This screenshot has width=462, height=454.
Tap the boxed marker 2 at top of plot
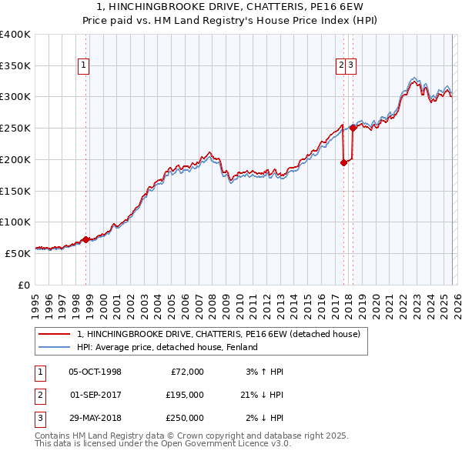[x=340, y=66]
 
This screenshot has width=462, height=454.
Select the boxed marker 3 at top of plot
[x=350, y=66]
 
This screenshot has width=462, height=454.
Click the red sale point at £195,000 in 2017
[x=343, y=162]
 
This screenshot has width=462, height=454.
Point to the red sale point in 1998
[x=85, y=239]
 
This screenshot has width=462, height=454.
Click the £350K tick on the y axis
[x=15, y=66]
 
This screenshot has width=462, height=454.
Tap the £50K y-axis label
[x=17, y=253]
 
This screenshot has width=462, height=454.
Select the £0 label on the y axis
[x=23, y=285]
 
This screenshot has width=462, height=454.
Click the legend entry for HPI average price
[x=166, y=347]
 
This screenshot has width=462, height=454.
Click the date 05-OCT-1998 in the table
[x=95, y=372]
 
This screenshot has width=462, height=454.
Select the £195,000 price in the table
[x=184, y=395]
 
